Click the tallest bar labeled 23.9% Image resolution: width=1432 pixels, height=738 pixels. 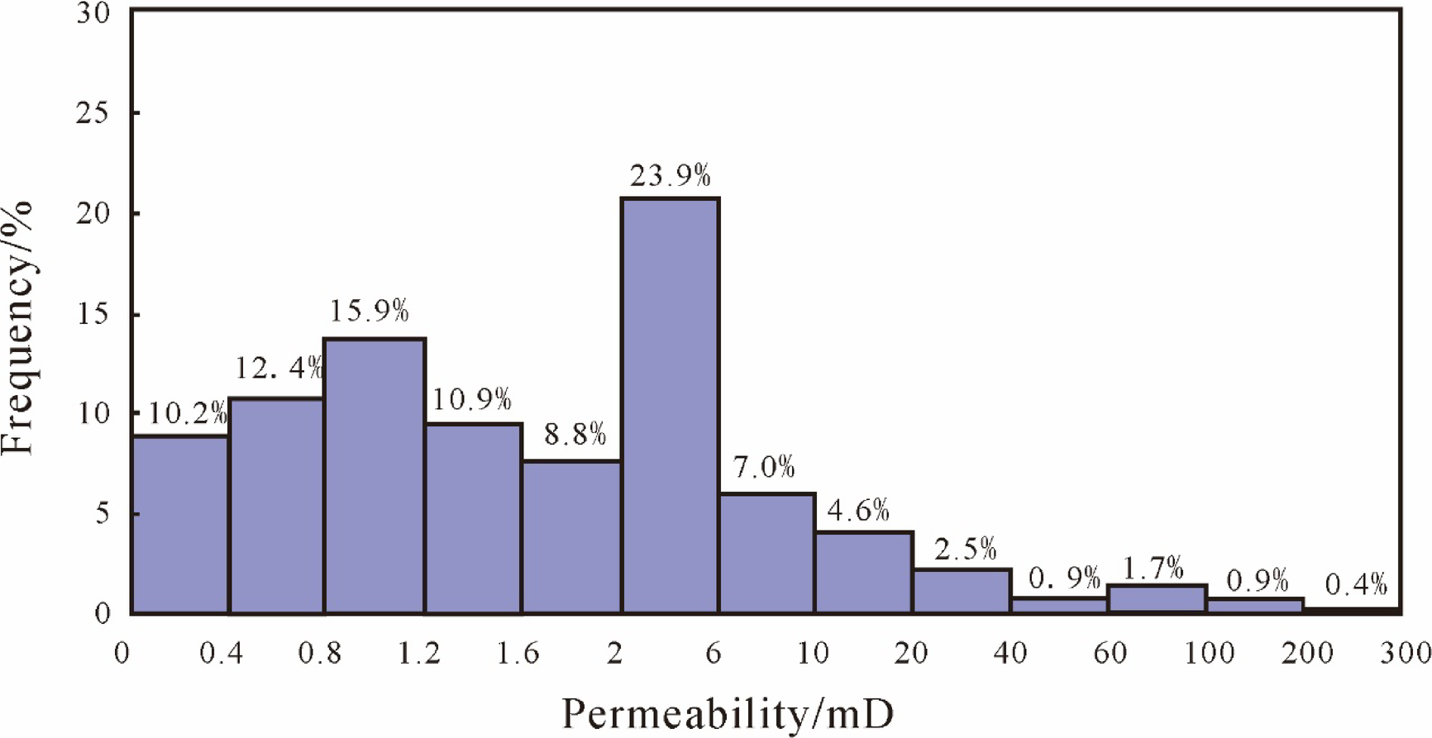671,405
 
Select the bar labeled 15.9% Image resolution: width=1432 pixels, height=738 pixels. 375,475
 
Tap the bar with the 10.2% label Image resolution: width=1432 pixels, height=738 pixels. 180,525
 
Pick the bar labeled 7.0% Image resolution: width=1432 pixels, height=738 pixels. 766,554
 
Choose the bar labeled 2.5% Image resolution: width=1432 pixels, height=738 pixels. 962,592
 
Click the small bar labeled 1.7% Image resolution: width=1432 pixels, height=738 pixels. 1157,599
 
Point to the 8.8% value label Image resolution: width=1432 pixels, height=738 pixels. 575,434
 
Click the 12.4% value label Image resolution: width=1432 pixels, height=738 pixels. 279,369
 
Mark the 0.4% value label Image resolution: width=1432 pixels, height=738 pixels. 1356,585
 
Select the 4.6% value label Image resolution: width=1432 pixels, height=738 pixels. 858,511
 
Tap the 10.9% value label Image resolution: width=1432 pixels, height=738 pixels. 472,400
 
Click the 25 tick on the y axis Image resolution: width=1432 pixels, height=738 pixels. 93,112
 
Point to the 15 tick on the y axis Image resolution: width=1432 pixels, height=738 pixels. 93,315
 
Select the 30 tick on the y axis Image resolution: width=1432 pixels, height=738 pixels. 93,12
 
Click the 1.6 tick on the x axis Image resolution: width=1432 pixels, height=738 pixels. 518,654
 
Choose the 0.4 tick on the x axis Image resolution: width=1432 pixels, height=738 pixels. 222,654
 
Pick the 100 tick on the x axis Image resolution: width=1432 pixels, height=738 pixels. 1210,654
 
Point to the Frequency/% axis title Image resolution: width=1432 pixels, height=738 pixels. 18,327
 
